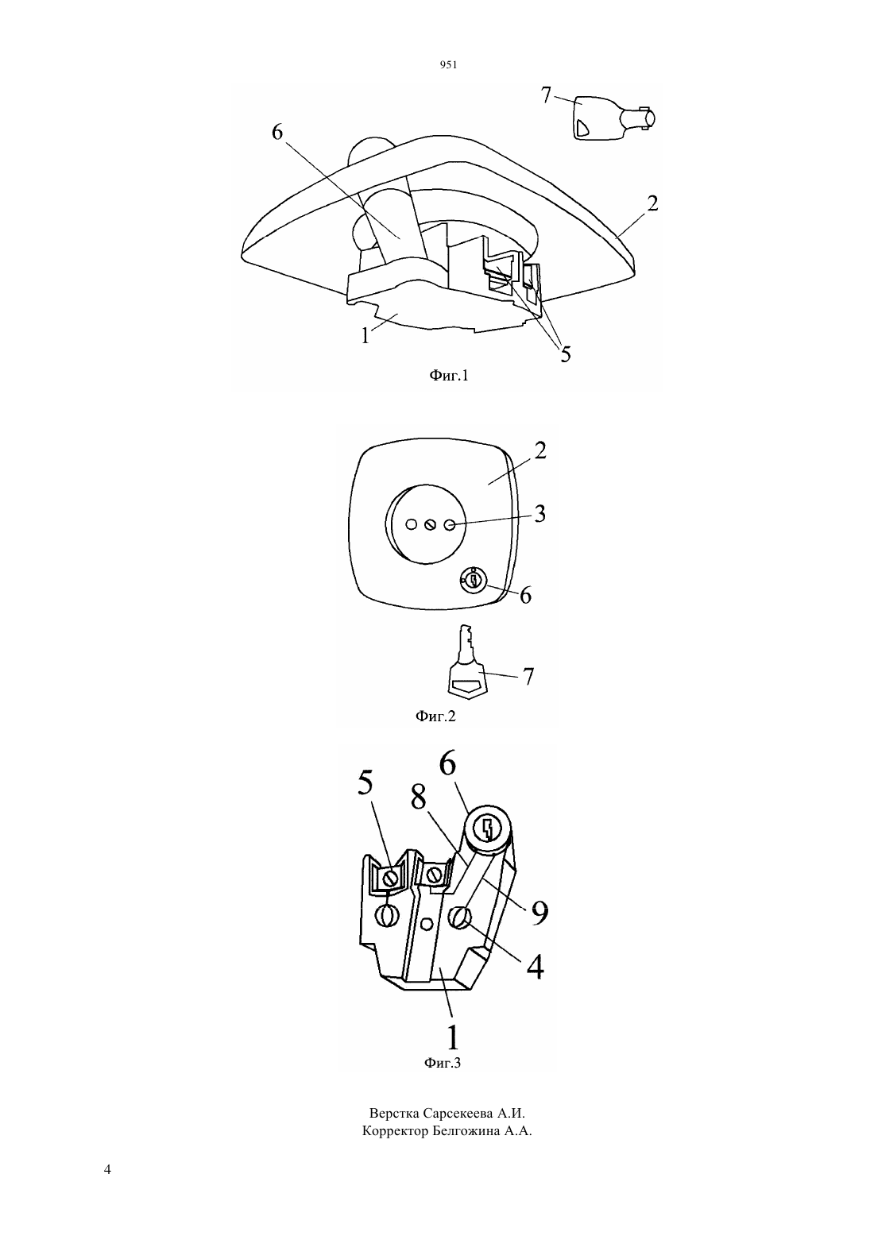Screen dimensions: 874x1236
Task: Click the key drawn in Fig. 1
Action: [x=613, y=118]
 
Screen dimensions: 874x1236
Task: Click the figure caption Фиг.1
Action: [x=449, y=376]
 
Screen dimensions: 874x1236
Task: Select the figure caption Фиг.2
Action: [x=435, y=716]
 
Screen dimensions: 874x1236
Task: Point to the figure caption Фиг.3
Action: [x=442, y=1062]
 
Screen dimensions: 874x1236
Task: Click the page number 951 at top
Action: [x=449, y=65]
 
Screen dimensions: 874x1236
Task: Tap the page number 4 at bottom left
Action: [x=107, y=1169]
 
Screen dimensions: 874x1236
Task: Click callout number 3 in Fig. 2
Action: [x=539, y=514]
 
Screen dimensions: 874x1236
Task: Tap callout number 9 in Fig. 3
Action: [x=539, y=913]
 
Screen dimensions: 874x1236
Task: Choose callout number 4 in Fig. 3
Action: [x=535, y=966]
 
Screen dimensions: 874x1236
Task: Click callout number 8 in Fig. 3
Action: [x=418, y=798]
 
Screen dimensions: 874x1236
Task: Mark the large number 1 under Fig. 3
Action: [x=452, y=1037]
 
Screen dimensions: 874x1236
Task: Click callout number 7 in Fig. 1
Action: [x=546, y=95]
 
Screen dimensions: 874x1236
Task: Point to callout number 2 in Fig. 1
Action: [x=652, y=203]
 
